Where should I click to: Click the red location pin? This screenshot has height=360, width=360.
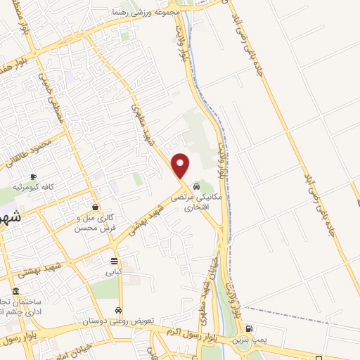[181, 165]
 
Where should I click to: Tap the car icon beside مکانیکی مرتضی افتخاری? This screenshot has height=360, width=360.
[196, 186]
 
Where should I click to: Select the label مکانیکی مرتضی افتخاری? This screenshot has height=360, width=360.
[200, 203]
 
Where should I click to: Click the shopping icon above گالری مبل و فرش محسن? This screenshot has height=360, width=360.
[95, 207]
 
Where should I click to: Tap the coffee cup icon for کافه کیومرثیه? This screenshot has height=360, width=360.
[33, 176]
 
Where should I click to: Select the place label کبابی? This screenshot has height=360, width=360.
[114, 271]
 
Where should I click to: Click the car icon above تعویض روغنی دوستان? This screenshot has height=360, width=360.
[119, 310]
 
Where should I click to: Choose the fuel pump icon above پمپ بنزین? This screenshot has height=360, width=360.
[248, 328]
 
